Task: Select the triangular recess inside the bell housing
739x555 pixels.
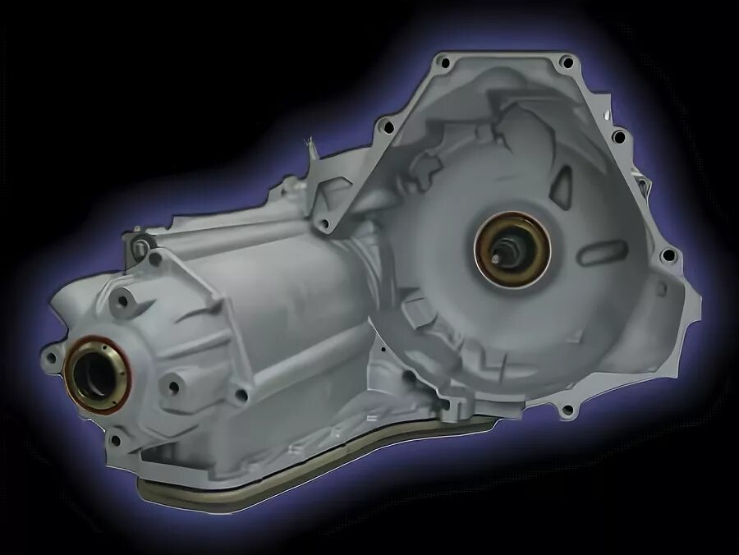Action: click(x=562, y=186)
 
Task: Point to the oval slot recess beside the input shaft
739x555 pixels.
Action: click(x=603, y=251)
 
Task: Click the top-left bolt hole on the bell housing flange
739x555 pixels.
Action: click(x=443, y=62)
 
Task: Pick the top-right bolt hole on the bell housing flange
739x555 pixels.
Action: click(x=566, y=62)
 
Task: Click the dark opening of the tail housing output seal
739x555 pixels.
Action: click(x=92, y=374)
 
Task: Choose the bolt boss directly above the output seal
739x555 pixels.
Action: click(x=122, y=300)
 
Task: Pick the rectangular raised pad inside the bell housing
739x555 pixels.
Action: click(x=417, y=312)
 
